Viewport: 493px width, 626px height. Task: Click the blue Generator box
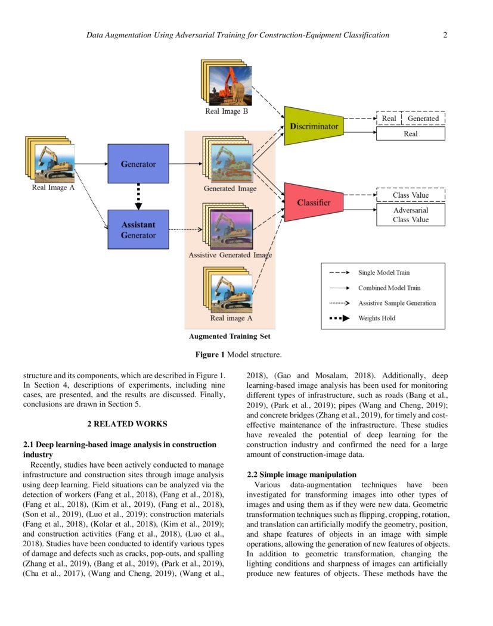(138, 164)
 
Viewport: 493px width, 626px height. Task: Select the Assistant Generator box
(138, 229)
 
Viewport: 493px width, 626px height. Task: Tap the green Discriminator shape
(314, 126)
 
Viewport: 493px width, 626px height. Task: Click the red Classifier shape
(314, 203)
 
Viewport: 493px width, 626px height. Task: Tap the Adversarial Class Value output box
(411, 215)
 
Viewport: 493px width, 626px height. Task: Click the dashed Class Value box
(411, 195)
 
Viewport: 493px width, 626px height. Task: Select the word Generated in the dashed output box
(423, 119)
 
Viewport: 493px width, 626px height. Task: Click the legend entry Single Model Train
(384, 273)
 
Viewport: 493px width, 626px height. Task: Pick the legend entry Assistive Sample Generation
(396, 303)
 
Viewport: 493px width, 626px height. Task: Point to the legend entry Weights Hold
(377, 318)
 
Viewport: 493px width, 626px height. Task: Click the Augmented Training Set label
(230, 337)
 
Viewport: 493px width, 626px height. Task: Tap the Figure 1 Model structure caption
(238, 355)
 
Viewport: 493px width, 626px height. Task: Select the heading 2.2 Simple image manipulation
(302, 475)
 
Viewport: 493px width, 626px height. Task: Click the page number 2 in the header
(445, 35)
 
